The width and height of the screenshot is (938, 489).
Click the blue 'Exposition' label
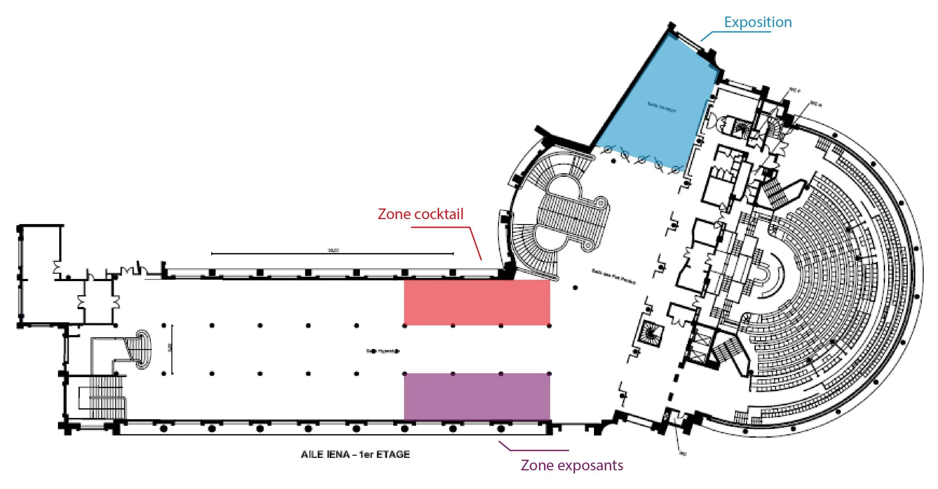(758, 22)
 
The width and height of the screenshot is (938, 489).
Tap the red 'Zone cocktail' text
(420, 214)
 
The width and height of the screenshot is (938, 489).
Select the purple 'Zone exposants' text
(571, 465)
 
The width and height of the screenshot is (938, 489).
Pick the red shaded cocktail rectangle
(477, 302)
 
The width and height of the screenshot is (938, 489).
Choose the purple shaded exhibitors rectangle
(477, 397)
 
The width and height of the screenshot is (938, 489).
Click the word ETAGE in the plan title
(393, 454)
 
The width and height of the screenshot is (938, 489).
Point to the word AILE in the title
(312, 454)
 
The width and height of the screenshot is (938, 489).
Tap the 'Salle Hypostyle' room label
(383, 351)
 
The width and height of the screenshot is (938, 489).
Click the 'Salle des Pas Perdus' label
(613, 277)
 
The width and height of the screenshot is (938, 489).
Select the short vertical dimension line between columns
(172, 349)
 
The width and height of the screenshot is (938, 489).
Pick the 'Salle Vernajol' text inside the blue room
(661, 107)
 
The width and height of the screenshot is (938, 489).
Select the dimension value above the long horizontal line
(333, 250)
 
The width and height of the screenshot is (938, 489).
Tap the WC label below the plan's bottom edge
(683, 454)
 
